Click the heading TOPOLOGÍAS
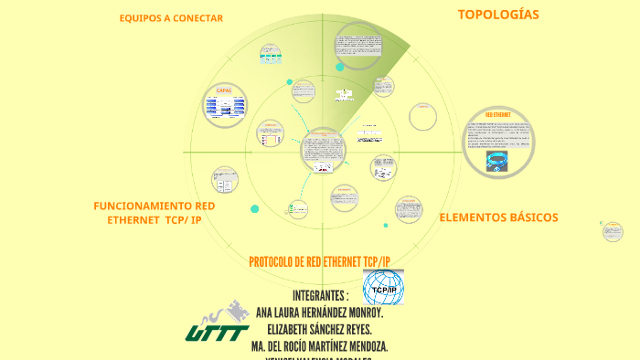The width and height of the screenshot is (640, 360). pyautogui.click(x=498, y=15)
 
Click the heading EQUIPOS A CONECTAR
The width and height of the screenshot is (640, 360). pyautogui.click(x=171, y=18)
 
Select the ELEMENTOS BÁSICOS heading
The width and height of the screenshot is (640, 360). pyautogui.click(x=498, y=217)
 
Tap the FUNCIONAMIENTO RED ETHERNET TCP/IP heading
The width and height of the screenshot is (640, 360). pyautogui.click(x=155, y=213)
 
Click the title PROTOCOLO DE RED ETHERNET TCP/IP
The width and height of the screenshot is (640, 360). pyautogui.click(x=319, y=262)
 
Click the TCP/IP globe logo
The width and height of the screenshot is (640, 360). pyautogui.click(x=383, y=288)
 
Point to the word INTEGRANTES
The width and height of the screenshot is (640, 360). pyautogui.click(x=320, y=296)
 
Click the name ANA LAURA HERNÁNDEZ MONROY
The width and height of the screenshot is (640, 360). pyautogui.click(x=319, y=312)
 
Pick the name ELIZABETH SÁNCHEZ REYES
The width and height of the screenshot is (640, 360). pyautogui.click(x=319, y=329)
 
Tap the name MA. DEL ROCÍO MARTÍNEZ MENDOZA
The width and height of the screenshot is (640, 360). pyautogui.click(x=319, y=346)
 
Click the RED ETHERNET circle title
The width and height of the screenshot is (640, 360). pyautogui.click(x=497, y=115)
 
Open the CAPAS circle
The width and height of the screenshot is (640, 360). pyautogui.click(x=224, y=106)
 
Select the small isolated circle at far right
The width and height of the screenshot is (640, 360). pyautogui.click(x=613, y=231)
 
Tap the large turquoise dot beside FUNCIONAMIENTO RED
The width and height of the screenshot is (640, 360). pyautogui.click(x=255, y=209)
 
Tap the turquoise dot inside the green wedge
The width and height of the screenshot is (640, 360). pyautogui.click(x=340, y=67)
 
